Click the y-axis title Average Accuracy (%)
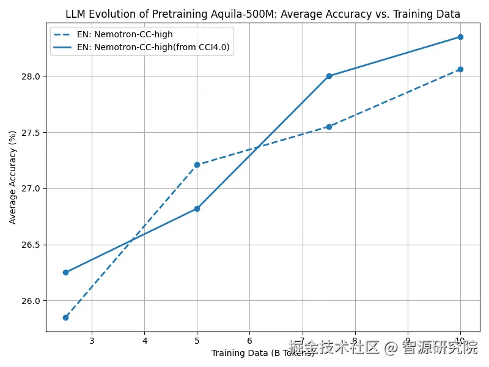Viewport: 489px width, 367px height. [x=13, y=177]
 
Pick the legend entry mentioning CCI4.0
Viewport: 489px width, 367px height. [x=153, y=46]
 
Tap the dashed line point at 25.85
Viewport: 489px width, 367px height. [x=65, y=317]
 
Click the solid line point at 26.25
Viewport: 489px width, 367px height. [x=65, y=272]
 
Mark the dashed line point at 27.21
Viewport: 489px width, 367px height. [x=197, y=165]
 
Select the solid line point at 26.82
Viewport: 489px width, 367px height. [x=197, y=209]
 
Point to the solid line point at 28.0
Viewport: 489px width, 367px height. [x=329, y=76]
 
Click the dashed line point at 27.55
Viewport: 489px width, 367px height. [x=329, y=127]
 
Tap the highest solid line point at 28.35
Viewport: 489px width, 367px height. [x=460, y=37]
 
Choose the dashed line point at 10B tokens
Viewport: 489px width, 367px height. [x=460, y=69]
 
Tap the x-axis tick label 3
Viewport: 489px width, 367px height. [x=92, y=340]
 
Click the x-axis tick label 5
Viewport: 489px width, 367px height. [x=197, y=340]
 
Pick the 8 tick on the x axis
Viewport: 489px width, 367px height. [x=355, y=340]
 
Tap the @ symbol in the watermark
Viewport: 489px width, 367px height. [x=389, y=348]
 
